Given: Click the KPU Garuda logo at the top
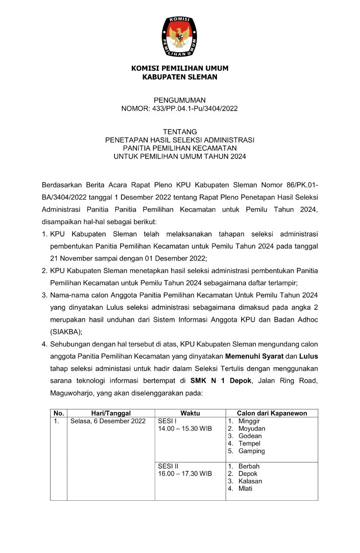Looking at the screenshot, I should pyautogui.click(x=179, y=37).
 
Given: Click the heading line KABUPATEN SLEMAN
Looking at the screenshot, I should pyautogui.click(x=180, y=77).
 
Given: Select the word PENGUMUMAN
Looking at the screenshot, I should pyautogui.click(x=180, y=100).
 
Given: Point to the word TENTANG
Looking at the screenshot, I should pyautogui.click(x=180, y=132).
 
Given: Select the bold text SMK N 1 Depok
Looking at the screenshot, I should pyautogui.click(x=221, y=381).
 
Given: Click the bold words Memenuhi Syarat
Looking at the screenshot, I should pyautogui.click(x=254, y=356).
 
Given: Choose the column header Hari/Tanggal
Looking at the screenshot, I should pyautogui.click(x=111, y=413).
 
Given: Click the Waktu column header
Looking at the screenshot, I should pyautogui.click(x=190, y=413).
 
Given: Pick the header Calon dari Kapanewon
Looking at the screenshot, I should pyautogui.click(x=272, y=413).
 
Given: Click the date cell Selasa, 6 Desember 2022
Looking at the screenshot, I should pyautogui.click(x=108, y=421).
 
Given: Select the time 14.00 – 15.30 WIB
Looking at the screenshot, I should pyautogui.click(x=185, y=429).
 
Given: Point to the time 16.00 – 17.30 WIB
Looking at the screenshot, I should pyautogui.click(x=185, y=474).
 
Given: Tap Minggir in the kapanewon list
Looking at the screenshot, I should pyautogui.click(x=249, y=421).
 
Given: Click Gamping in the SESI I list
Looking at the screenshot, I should pyautogui.click(x=252, y=451).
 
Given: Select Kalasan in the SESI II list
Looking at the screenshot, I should pyautogui.click(x=250, y=481).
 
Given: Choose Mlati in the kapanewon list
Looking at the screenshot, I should pyautogui.click(x=245, y=489).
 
